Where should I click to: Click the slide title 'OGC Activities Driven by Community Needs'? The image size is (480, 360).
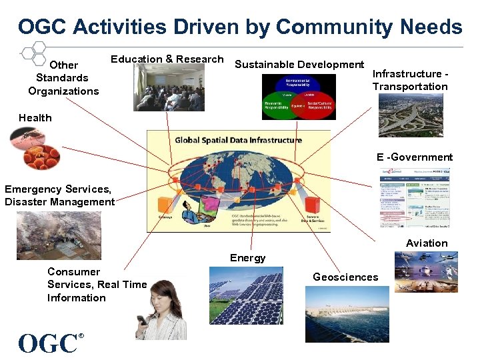pos(240,27)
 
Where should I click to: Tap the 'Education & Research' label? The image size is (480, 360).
pos(167,59)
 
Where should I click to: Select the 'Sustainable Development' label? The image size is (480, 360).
pos(299,65)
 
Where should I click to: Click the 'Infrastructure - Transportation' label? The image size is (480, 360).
pos(410,80)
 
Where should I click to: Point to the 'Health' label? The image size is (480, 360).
pos(35,118)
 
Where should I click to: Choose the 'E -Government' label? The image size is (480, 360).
pos(414,157)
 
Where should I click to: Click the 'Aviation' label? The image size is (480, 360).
pos(427,243)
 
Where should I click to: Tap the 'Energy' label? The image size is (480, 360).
pos(247,258)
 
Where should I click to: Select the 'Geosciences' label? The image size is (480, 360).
pos(345,277)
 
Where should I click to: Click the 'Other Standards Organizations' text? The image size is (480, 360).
pos(63,78)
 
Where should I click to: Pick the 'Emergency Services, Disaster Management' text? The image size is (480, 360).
pos(60,196)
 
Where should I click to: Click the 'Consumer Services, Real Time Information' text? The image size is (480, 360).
pos(97,285)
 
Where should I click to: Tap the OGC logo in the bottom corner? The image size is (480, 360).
pos(50,343)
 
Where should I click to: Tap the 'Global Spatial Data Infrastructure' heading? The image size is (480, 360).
pos(238,140)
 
